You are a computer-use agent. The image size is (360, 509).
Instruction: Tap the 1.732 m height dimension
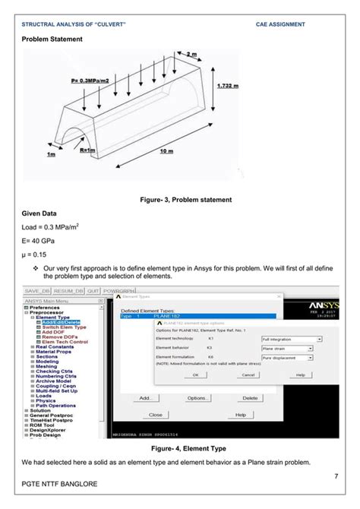tap(222, 86)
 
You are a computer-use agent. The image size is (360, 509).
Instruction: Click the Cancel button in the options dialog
tap(248, 375)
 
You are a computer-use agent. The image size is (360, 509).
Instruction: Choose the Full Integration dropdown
tap(287, 339)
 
